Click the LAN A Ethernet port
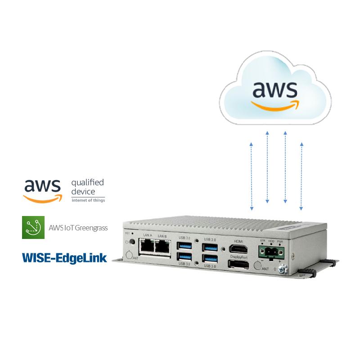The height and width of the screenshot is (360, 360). pos(147,246)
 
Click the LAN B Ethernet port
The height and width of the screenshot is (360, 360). pos(162,246)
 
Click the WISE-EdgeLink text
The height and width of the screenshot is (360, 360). pos(64,257)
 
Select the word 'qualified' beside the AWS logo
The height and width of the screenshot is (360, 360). pos(87,183)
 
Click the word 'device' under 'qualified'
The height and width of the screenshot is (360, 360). pos(83,192)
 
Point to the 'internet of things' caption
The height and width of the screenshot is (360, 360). pos(88,200)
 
